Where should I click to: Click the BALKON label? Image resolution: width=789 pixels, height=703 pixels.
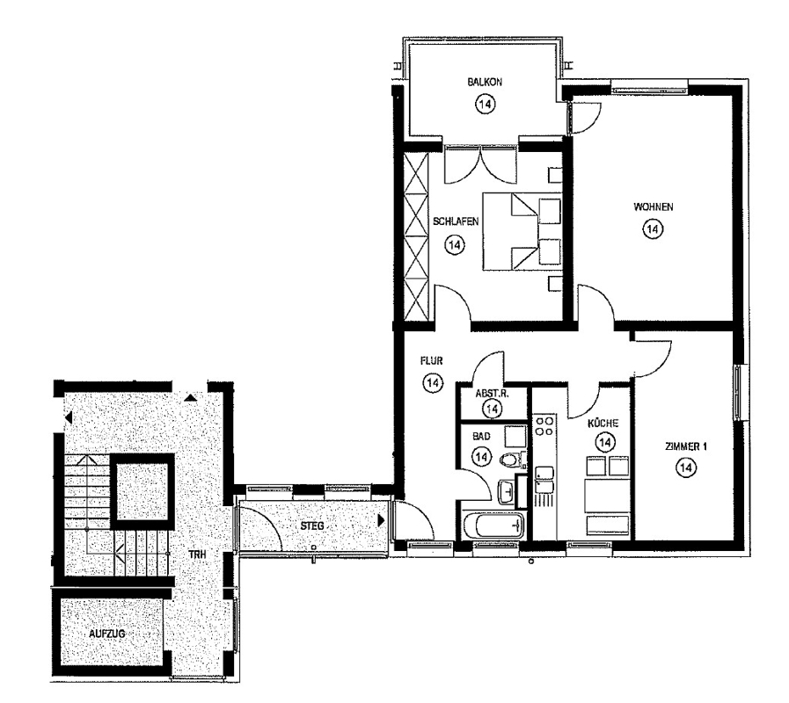484,82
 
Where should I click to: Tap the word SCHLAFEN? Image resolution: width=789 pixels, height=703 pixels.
455,221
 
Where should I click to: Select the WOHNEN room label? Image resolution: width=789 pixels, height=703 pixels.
653,207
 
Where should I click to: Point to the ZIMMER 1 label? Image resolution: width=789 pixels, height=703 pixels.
685,446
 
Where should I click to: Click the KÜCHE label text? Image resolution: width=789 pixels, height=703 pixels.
603,423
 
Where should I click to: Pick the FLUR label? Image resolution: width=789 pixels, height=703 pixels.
431,360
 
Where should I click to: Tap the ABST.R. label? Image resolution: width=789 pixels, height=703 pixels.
492,394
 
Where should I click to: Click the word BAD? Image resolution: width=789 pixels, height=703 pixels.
481,437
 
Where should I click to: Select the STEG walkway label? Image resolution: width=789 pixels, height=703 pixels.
312,526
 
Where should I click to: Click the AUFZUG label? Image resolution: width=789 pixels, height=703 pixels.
106,634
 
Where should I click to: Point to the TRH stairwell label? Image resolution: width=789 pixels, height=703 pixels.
197,554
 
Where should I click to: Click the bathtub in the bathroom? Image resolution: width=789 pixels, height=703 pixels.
493,526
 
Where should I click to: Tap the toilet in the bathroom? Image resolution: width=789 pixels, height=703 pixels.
512,460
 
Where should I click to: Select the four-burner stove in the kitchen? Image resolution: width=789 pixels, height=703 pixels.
544,425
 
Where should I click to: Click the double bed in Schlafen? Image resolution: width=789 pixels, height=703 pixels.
522,231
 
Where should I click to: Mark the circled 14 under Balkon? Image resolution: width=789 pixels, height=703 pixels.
485,104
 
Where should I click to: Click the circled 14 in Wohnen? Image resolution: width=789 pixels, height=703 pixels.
653,229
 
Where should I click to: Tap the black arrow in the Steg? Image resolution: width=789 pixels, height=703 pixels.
382,520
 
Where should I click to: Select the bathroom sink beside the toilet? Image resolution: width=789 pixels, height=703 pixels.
506,491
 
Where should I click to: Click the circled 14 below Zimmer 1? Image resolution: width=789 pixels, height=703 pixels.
685,468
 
